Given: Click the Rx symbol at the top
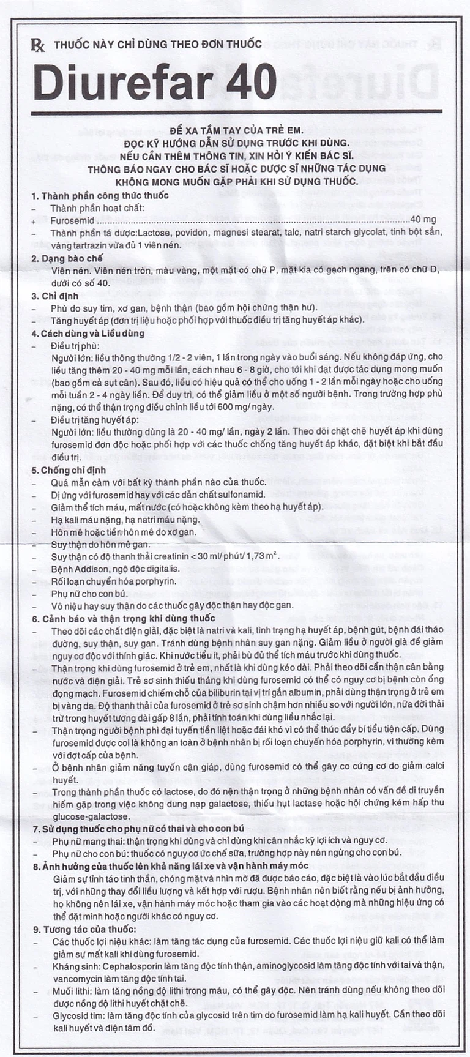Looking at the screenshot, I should click(38, 45).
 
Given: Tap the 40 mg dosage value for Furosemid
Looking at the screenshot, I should click(423, 220).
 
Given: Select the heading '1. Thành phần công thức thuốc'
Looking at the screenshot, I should click(100, 195).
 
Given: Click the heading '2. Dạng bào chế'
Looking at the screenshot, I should click(67, 258).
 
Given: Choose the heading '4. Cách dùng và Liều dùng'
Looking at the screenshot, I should click(88, 333).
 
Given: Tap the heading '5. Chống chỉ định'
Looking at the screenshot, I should click(69, 470).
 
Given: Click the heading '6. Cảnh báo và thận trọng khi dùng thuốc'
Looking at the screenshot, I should click(124, 619).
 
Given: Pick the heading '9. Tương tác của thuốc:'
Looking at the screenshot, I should click(84, 929).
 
